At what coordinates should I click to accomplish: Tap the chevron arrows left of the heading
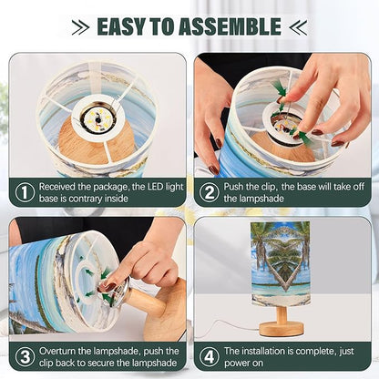click(80, 27)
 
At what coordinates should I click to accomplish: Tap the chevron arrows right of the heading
click(298, 27)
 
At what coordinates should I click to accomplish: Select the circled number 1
click(25, 192)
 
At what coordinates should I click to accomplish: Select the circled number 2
click(210, 192)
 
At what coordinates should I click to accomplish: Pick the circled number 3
click(25, 356)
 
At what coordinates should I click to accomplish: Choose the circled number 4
click(210, 356)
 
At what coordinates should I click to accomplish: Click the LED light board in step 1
click(97, 118)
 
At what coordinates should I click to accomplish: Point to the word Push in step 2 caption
click(234, 187)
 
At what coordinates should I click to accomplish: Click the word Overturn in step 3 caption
click(57, 351)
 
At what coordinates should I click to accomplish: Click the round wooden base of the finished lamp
click(282, 329)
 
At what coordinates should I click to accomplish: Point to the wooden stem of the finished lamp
click(282, 314)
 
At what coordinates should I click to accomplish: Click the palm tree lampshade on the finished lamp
click(281, 263)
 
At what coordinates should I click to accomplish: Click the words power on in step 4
click(243, 364)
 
